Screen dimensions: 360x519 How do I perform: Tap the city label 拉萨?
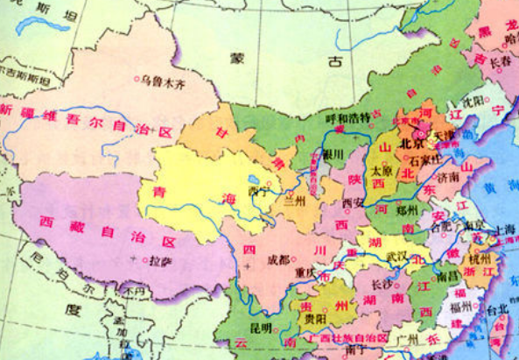click(160, 261)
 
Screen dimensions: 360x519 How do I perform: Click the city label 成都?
click(278, 258)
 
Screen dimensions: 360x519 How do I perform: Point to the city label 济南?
click(447, 177)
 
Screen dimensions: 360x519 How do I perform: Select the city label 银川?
click(333, 153)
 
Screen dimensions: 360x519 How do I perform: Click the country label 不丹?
click(132, 292)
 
